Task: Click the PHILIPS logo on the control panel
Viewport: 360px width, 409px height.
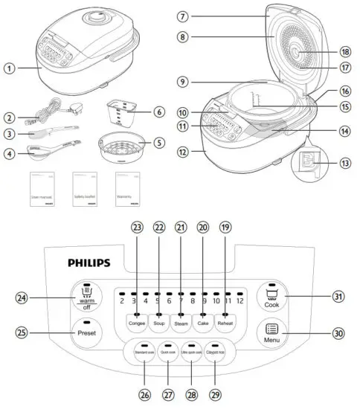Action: tap(89, 262)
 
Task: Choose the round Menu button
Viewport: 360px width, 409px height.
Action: tap(271, 332)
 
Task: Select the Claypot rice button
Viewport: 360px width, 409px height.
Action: tap(215, 350)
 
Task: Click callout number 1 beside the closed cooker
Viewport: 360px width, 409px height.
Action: tap(9, 68)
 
